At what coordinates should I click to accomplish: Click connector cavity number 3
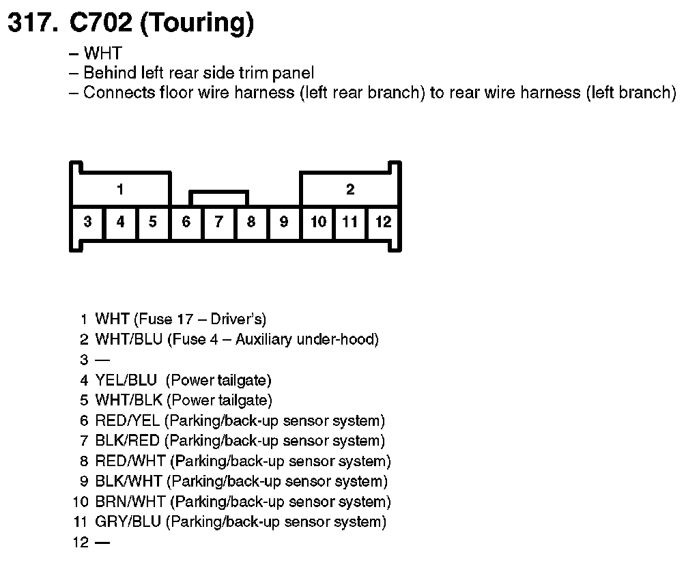[x=87, y=222]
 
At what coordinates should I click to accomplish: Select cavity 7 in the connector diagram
[x=218, y=222]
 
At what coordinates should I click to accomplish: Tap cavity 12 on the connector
[x=384, y=222]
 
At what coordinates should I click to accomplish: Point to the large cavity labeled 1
[x=120, y=189]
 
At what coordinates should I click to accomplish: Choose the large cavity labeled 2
[x=350, y=189]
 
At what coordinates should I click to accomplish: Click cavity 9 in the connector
[x=284, y=222]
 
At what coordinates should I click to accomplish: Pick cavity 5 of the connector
[x=153, y=222]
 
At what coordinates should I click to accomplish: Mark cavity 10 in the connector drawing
[x=318, y=222]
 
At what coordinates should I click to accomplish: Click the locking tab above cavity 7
[x=218, y=198]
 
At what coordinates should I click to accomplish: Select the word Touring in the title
[x=197, y=24]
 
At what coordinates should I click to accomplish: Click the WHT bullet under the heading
[x=102, y=53]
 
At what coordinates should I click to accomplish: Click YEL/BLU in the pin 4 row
[x=126, y=380]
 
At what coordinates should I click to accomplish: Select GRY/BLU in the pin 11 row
[x=128, y=522]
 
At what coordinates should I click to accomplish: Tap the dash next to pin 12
[x=102, y=543]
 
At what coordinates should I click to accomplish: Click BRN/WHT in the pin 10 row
[x=130, y=502]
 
